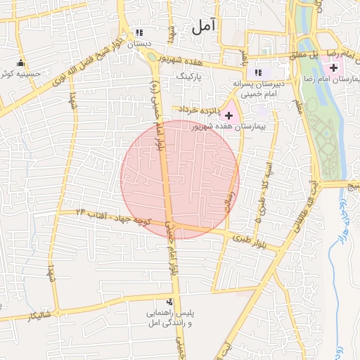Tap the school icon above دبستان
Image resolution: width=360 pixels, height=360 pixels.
pyautogui.click(x=139, y=33)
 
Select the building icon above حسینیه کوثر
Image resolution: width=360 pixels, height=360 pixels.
pyautogui.click(x=20, y=62)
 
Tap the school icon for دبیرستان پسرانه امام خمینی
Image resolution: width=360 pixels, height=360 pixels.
pyautogui.click(x=257, y=72)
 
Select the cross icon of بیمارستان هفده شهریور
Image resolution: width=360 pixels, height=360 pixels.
pyautogui.click(x=229, y=114)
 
